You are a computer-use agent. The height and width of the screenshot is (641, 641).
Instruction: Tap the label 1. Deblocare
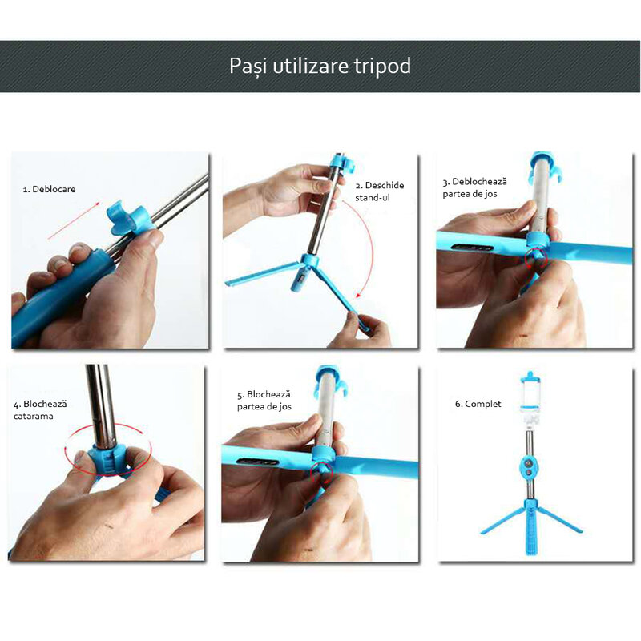pos(50,190)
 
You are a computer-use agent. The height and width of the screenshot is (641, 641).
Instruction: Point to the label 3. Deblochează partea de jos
pos(474,188)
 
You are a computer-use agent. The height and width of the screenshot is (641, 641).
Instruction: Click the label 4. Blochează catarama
pos(40,410)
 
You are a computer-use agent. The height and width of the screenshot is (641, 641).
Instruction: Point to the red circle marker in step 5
pos(322,472)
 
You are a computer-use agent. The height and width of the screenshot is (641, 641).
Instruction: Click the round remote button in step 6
pos(530,467)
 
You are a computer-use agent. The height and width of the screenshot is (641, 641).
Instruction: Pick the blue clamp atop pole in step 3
pos(544,167)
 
